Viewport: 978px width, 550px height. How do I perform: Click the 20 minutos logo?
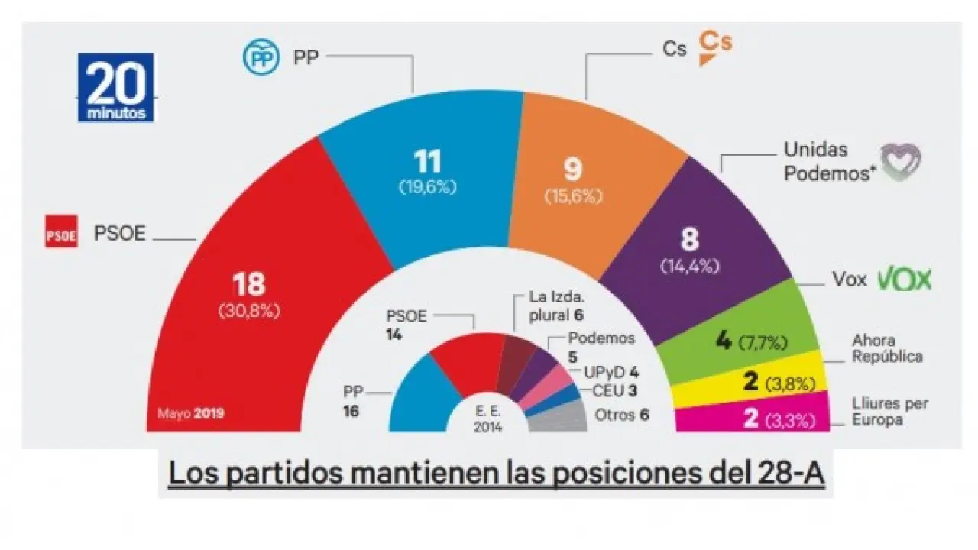[115, 87]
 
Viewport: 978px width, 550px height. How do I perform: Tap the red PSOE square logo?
[61, 233]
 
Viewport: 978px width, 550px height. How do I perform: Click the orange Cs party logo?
[715, 47]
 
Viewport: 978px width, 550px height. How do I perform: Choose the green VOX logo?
[904, 280]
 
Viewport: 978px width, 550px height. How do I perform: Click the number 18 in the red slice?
[249, 283]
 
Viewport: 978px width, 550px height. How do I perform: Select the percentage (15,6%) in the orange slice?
[573, 196]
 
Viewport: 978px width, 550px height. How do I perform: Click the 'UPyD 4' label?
[611, 373]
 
